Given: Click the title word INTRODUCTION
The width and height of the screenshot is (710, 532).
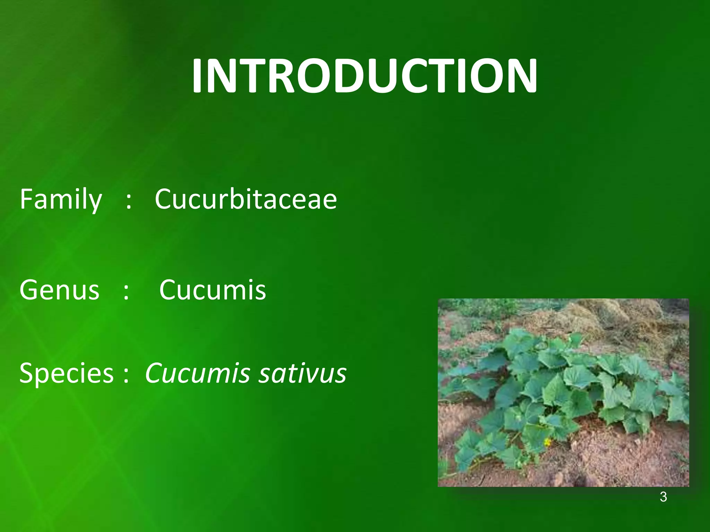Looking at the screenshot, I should click(x=364, y=76).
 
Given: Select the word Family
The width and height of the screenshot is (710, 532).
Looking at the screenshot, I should click(x=61, y=199).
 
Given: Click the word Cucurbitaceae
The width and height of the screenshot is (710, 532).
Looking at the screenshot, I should click(x=246, y=199).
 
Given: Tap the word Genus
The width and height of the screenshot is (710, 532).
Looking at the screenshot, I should click(x=60, y=290).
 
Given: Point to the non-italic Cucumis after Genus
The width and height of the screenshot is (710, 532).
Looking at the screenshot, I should click(x=213, y=290).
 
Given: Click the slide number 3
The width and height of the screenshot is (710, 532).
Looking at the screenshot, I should click(x=663, y=497).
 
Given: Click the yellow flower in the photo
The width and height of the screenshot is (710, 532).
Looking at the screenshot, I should click(x=547, y=443).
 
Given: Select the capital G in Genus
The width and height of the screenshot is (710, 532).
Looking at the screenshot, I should click(x=28, y=290).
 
